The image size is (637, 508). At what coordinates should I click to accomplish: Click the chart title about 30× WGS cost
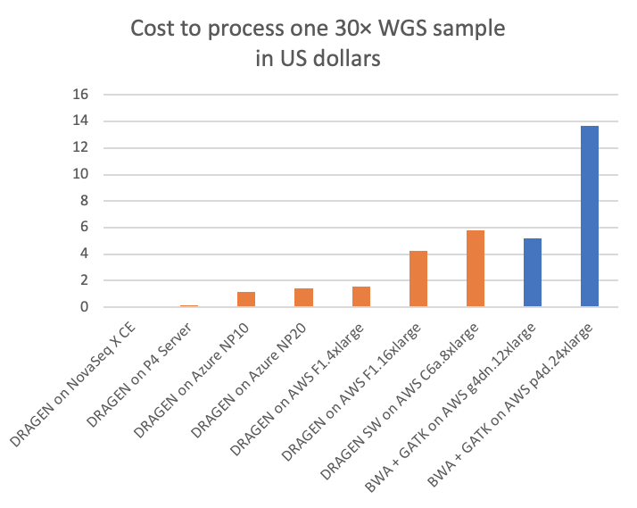318,42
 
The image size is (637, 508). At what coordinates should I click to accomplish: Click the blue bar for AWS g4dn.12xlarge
533,273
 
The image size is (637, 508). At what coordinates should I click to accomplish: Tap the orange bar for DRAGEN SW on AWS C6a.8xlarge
476,269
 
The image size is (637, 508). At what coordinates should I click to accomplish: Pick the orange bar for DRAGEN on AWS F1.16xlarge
418,279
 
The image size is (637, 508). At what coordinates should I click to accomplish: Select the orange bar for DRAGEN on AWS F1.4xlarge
361,297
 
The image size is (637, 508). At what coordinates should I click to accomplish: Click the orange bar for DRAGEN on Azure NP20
303,298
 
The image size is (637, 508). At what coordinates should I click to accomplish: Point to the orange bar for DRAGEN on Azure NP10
246,300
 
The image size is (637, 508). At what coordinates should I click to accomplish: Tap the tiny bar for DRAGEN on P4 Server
189,306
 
